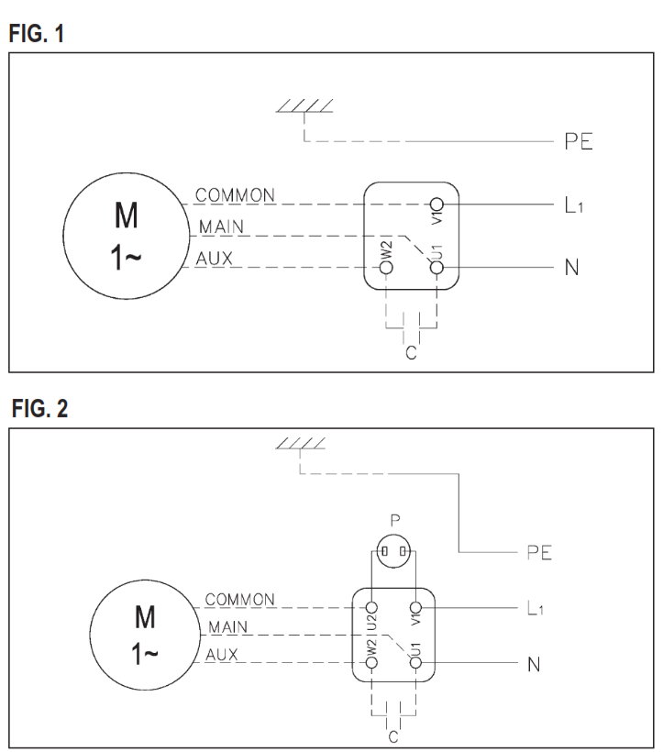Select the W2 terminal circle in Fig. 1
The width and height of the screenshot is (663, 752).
click(386, 268)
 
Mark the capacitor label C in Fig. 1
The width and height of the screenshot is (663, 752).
click(411, 353)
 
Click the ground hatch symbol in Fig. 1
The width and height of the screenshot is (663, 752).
click(305, 108)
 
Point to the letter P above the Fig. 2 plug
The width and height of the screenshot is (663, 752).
click(394, 522)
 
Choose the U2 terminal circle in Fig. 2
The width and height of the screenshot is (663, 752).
click(372, 607)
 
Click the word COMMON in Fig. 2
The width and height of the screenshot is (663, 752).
click(240, 600)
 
